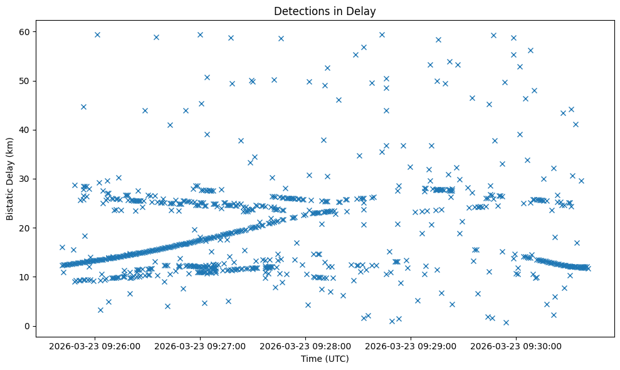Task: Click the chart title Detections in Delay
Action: (x=325, y=11)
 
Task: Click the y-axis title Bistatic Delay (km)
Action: (x=10, y=177)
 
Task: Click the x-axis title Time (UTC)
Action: (x=325, y=359)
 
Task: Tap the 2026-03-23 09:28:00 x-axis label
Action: (x=307, y=346)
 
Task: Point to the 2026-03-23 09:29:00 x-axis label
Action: (x=411, y=346)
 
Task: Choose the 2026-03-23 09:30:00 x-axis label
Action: (x=517, y=346)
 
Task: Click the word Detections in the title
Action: (x=300, y=11)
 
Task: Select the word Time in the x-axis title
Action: (x=312, y=359)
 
